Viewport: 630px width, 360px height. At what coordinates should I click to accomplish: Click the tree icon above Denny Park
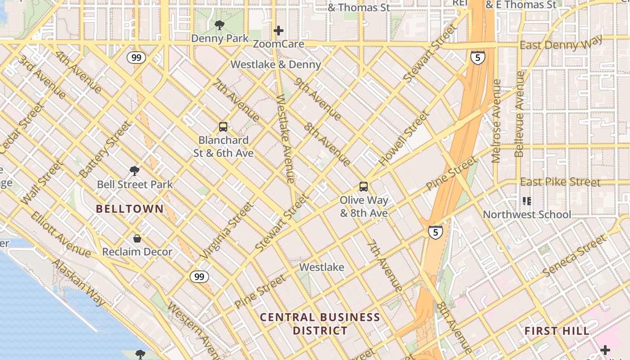[219, 25]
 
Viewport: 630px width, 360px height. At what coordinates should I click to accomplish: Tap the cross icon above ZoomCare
[279, 31]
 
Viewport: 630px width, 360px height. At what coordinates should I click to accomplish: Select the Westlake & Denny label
[275, 64]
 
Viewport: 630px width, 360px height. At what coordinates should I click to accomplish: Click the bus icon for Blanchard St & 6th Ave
[223, 127]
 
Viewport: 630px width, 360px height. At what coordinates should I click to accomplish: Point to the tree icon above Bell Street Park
[134, 171]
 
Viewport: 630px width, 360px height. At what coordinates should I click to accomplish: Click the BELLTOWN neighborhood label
[129, 209]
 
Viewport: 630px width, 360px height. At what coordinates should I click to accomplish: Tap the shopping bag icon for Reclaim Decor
[137, 238]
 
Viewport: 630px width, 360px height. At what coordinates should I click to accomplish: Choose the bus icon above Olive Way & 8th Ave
[363, 186]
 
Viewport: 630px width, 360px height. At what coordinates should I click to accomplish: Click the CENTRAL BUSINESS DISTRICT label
[320, 324]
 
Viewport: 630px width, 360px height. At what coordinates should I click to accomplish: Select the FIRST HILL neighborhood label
[557, 331]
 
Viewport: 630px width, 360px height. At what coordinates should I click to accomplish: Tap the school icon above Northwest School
[526, 201]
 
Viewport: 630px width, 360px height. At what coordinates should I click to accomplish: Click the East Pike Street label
[560, 182]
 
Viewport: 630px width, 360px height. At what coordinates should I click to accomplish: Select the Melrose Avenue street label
[496, 121]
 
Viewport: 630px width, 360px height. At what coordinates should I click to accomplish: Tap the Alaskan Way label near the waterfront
[79, 282]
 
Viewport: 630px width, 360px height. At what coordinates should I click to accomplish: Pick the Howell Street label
[404, 139]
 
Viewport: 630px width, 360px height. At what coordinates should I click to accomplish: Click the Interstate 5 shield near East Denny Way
[477, 57]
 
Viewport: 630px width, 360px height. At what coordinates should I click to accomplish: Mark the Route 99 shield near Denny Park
[136, 57]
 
